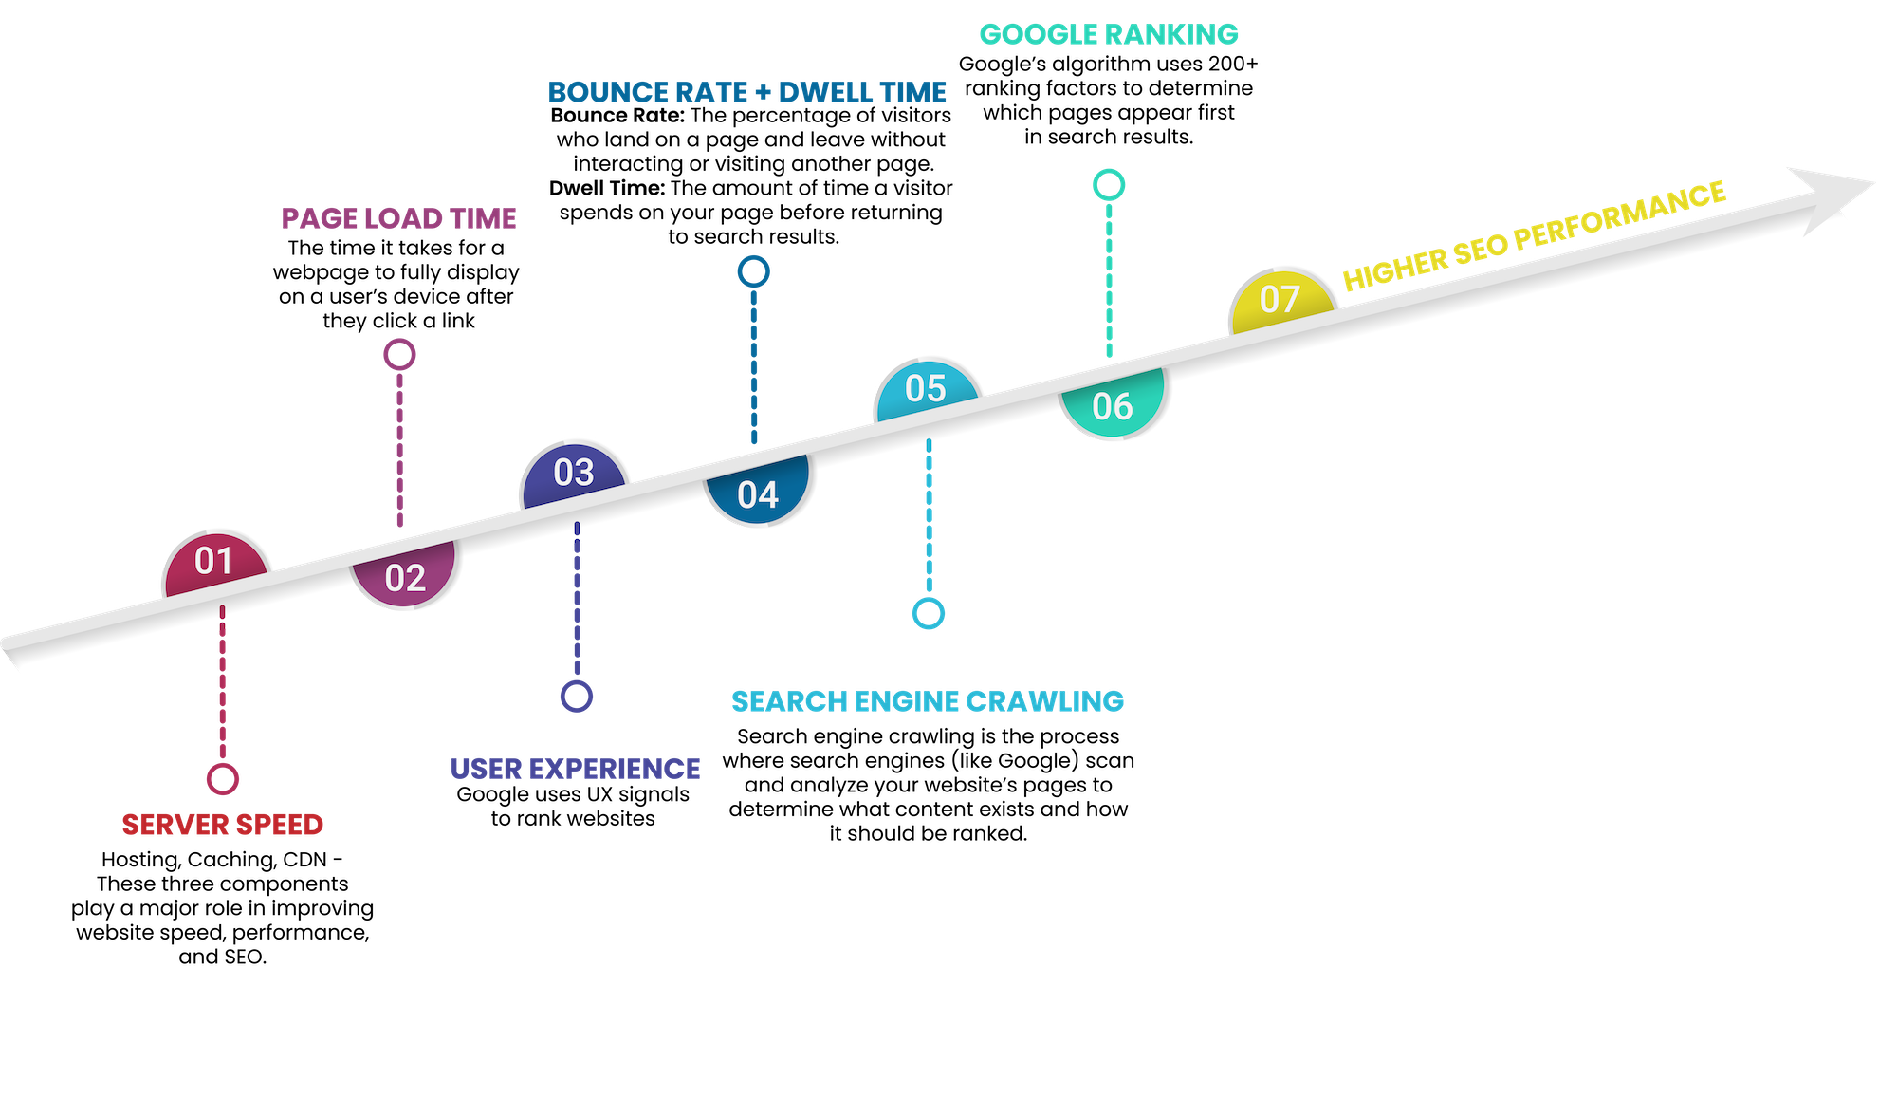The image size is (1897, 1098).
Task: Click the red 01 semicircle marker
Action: [x=215, y=562]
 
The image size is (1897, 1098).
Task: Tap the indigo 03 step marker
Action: [x=574, y=472]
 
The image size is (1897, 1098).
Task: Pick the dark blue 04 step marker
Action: [x=759, y=493]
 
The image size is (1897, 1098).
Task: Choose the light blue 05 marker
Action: [x=927, y=388]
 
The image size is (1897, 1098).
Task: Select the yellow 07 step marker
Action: [x=1280, y=300]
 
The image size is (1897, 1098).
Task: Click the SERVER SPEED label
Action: [x=223, y=825]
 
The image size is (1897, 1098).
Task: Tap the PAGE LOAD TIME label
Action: [x=399, y=219]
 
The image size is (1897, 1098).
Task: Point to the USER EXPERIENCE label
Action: [x=575, y=769]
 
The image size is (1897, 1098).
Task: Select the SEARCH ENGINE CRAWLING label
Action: [x=928, y=701]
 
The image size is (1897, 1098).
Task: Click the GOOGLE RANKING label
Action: [x=1109, y=34]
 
